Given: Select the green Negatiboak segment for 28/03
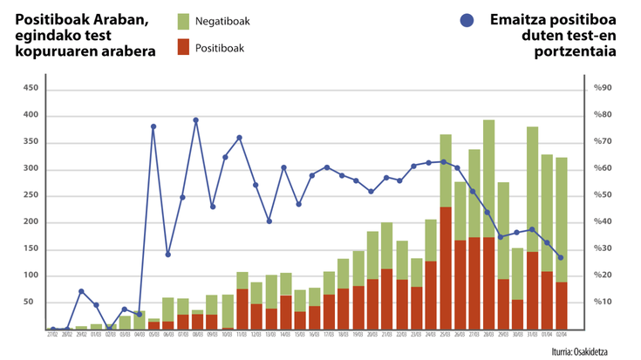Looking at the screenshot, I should [489, 178].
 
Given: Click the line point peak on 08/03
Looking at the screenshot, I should [196, 120].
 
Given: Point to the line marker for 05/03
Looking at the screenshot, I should [153, 126].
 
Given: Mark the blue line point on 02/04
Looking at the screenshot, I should [561, 257].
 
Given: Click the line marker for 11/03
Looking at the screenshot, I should [239, 138].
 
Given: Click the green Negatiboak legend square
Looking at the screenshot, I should [183, 21].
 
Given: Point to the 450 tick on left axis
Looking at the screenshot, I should [31, 89].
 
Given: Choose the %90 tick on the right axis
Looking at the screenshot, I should [603, 89].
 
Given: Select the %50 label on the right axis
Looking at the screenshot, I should [603, 195].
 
